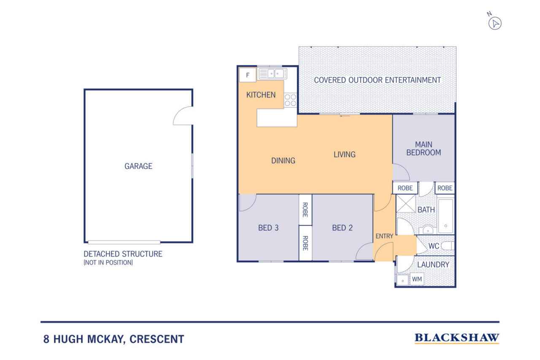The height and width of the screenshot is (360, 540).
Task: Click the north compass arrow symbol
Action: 495,24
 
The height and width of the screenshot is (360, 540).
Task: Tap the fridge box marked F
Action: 248,75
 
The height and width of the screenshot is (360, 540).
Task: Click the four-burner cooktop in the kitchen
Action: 290,100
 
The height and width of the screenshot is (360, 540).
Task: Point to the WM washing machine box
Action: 417,279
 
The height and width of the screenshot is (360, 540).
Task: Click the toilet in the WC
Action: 448,246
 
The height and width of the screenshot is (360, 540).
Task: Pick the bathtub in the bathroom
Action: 445,216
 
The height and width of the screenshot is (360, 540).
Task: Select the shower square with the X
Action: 405,204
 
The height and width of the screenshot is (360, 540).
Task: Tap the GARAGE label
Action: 138,166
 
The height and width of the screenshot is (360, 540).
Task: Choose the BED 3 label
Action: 268,228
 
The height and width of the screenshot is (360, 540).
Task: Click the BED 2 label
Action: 342,228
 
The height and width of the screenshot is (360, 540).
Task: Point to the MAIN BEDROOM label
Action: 424,149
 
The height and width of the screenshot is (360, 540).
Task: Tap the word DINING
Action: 283,161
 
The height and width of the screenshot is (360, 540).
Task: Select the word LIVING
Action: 345,154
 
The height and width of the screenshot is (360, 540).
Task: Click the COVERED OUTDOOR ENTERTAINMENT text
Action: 377,80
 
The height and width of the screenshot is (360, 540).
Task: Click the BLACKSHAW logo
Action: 457,338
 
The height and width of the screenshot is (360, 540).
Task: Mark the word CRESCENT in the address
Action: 157,339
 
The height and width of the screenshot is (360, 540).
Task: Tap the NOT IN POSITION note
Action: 108,263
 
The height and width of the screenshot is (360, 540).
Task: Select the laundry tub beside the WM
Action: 402,280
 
